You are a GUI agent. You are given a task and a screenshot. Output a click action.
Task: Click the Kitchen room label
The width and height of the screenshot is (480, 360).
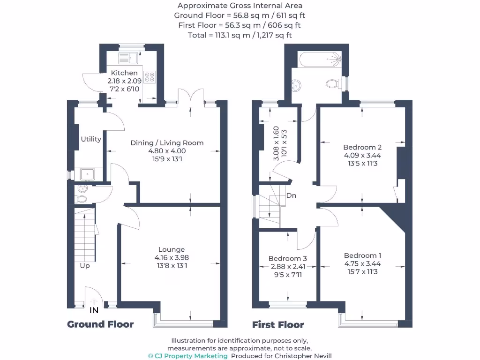click(x=124, y=73)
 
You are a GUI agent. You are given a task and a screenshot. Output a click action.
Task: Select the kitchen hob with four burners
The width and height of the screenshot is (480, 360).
click(x=150, y=77)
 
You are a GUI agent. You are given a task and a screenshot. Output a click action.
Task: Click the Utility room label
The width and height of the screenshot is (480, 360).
click(x=91, y=139)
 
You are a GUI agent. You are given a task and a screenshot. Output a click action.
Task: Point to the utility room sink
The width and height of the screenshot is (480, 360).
click(x=87, y=174)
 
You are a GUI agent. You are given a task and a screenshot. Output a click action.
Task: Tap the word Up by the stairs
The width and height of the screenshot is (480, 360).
click(x=85, y=265)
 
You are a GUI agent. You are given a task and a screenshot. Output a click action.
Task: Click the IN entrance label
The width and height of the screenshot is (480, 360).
click(x=94, y=310)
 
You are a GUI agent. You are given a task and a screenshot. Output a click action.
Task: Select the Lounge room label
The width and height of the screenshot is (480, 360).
click(x=172, y=249)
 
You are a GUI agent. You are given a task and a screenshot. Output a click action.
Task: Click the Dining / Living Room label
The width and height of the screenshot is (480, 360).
click(x=167, y=142)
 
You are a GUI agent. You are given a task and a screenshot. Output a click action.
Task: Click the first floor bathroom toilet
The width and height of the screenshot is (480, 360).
click(x=333, y=84)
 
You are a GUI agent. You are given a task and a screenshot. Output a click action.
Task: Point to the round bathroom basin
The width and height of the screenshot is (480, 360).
click(x=296, y=85)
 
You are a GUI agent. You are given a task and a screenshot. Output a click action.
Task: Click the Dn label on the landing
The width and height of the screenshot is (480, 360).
click(x=291, y=195)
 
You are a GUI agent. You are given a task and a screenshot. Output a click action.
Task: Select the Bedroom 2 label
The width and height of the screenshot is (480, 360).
click(x=362, y=147)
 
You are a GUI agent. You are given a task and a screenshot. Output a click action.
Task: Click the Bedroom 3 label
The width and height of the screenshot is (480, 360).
click(x=287, y=258)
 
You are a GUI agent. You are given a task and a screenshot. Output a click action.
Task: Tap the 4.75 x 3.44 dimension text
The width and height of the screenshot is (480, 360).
click(x=362, y=263)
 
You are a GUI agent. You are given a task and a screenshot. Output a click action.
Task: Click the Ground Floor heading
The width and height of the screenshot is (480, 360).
click(x=100, y=324)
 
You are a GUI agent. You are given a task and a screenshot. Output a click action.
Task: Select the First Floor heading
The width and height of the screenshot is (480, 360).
click(x=278, y=324)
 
